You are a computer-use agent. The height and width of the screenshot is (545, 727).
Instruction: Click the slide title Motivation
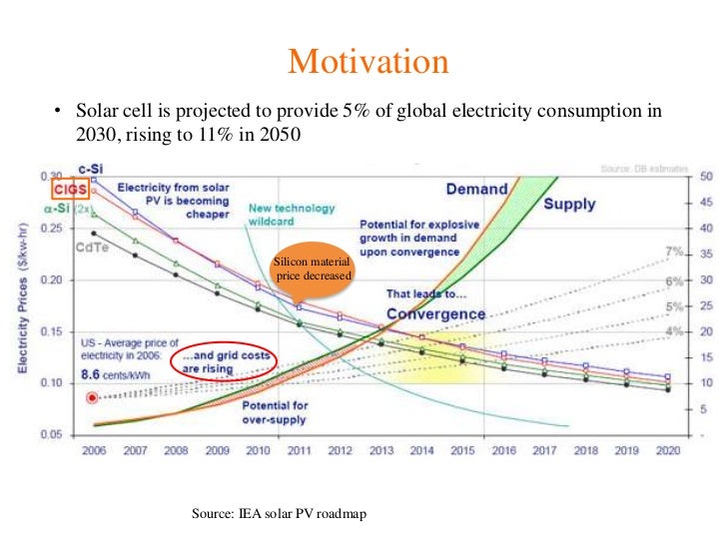(363, 62)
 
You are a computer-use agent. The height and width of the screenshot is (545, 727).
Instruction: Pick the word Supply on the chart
(569, 204)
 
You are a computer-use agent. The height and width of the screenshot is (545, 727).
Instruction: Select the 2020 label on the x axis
(664, 451)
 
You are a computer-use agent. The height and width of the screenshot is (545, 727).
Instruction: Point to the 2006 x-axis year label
(93, 451)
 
